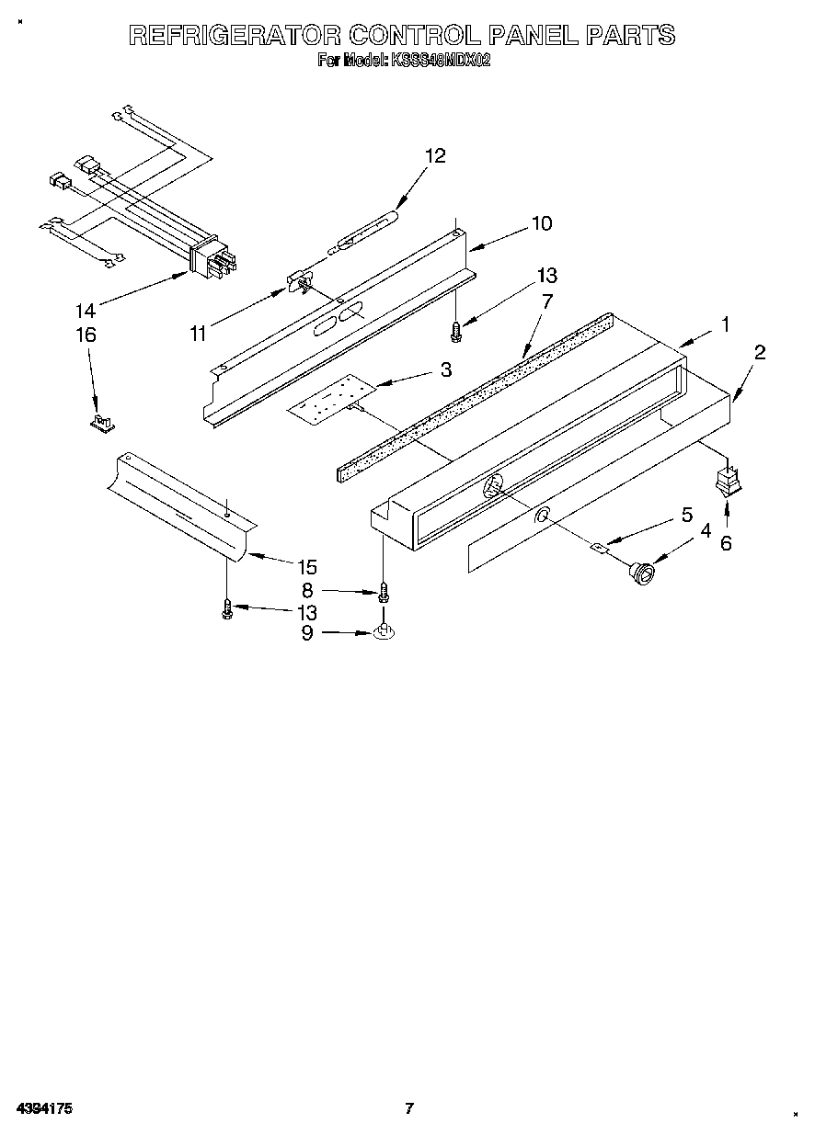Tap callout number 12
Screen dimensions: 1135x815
[434, 156]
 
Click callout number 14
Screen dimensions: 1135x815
[85, 312]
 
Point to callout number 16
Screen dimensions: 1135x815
[85, 335]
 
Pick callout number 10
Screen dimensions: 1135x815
[541, 223]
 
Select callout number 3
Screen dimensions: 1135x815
[445, 369]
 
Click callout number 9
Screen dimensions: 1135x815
[307, 632]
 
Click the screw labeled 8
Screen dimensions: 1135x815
[384, 593]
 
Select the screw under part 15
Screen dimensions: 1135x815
[227, 609]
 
